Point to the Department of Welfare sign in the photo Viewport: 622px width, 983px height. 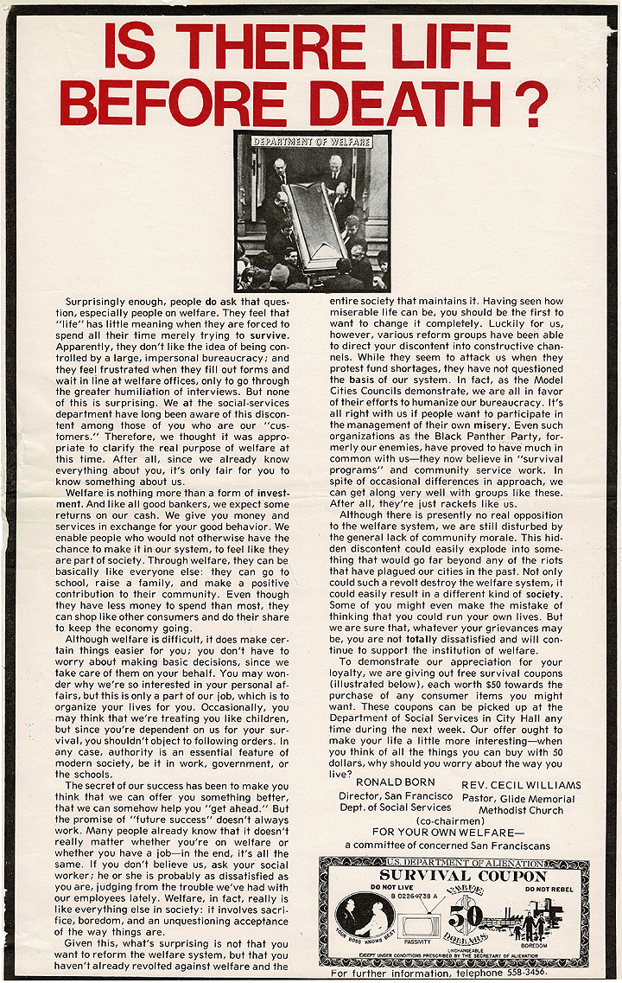[311, 141]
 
